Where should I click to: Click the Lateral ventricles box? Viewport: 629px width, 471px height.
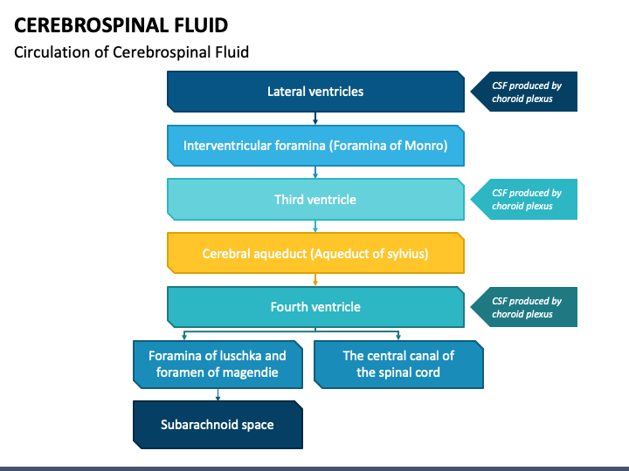coord(315,92)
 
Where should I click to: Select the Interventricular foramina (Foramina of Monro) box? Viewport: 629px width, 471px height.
coord(315,146)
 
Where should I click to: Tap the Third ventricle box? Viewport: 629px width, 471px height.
coord(315,200)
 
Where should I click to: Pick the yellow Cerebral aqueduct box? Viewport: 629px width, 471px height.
coord(315,253)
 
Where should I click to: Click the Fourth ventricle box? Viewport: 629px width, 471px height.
coord(315,307)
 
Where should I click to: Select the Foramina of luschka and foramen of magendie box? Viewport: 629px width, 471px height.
coord(218,365)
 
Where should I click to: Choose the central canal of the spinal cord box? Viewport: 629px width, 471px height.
coord(398,365)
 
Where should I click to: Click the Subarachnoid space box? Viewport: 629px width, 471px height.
coord(218,425)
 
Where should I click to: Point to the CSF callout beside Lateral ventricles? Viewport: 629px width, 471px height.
coord(524,92)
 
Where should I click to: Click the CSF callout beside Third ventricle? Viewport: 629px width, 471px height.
coord(524,200)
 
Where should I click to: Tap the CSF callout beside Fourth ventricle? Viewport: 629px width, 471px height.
coord(524,307)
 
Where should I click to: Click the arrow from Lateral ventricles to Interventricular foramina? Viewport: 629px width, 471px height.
coord(315,119)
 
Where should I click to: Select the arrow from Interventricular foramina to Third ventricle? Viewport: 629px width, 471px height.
coord(315,172)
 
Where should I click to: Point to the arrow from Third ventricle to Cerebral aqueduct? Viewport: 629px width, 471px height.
coord(315,226)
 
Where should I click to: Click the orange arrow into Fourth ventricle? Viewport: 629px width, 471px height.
coord(315,280)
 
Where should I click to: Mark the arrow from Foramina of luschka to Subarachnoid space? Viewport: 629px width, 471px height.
coord(218,394)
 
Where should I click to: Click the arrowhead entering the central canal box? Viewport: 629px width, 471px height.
coord(398,338)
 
